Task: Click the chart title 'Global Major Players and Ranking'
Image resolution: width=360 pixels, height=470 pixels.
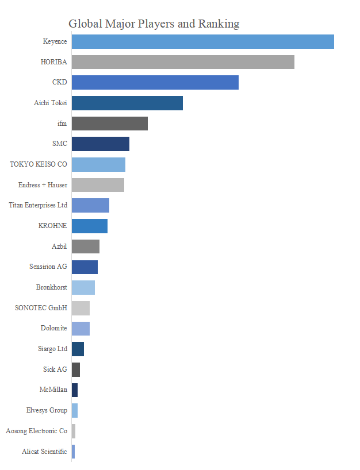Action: tap(154, 24)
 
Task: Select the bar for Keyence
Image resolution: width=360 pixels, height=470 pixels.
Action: tap(202, 41)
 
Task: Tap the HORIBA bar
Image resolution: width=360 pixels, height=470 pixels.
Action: tap(183, 62)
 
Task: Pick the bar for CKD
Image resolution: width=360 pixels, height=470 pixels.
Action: tap(155, 82)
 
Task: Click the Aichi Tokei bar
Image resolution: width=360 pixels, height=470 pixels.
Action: tap(127, 103)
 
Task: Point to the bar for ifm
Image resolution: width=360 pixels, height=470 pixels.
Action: tap(109, 124)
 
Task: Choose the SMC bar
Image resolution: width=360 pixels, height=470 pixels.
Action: tap(100, 144)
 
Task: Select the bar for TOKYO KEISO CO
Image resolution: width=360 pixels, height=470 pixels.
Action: tap(98, 164)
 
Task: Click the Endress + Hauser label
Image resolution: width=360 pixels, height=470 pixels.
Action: tap(43, 185)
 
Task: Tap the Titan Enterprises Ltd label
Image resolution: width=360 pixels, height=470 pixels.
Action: tap(38, 205)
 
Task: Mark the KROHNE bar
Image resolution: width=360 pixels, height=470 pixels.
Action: tap(89, 226)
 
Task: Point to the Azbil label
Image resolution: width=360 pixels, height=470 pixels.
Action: tap(59, 246)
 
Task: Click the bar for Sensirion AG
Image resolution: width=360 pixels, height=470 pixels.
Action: tap(85, 267)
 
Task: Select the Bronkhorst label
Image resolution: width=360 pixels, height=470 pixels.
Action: tap(51, 287)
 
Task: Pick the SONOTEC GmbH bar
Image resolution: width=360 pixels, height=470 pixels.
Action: tap(81, 308)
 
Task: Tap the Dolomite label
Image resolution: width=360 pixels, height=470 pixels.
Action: tap(54, 328)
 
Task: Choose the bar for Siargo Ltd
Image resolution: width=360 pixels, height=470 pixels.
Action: tap(78, 349)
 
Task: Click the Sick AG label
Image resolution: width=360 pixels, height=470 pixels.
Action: tap(55, 369)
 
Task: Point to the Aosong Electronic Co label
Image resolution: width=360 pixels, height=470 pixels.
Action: tap(36, 431)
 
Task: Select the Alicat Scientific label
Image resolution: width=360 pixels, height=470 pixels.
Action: tap(44, 452)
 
